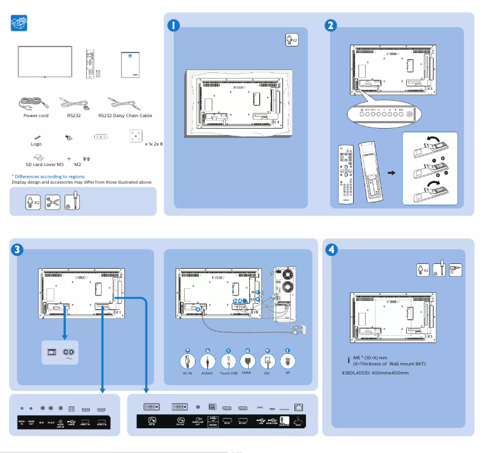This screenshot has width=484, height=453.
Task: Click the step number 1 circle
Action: [x=173, y=26]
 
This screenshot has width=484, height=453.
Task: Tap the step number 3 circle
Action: [x=18, y=249]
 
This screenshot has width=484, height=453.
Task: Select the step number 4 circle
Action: [x=331, y=249]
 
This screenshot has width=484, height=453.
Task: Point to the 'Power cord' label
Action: [x=36, y=115]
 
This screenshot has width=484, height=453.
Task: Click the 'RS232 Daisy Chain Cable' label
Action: [x=125, y=115]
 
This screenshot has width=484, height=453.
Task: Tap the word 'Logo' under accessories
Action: [x=36, y=144]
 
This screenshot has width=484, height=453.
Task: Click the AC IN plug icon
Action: [x=188, y=361]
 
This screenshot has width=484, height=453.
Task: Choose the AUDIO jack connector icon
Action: [x=208, y=361]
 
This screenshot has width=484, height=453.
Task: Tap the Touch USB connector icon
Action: [x=228, y=361]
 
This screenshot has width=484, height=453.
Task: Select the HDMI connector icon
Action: [x=247, y=361]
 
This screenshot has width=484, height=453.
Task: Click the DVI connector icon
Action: [x=267, y=361]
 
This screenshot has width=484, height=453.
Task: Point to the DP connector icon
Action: [x=288, y=361]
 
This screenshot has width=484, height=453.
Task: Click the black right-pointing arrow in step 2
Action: [x=391, y=173]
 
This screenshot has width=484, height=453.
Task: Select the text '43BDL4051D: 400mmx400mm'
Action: [x=375, y=373]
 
